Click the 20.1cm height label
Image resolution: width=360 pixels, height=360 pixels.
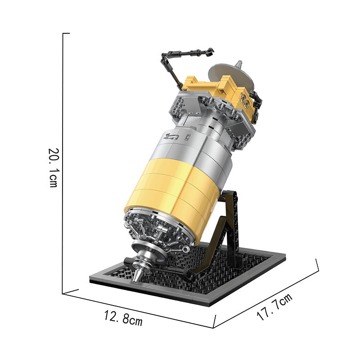click(x=54, y=168)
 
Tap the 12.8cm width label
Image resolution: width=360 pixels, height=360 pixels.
click(x=123, y=318)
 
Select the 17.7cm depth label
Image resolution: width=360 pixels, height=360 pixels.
click(x=274, y=307)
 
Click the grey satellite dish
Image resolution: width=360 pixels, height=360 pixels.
click(x=231, y=76)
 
